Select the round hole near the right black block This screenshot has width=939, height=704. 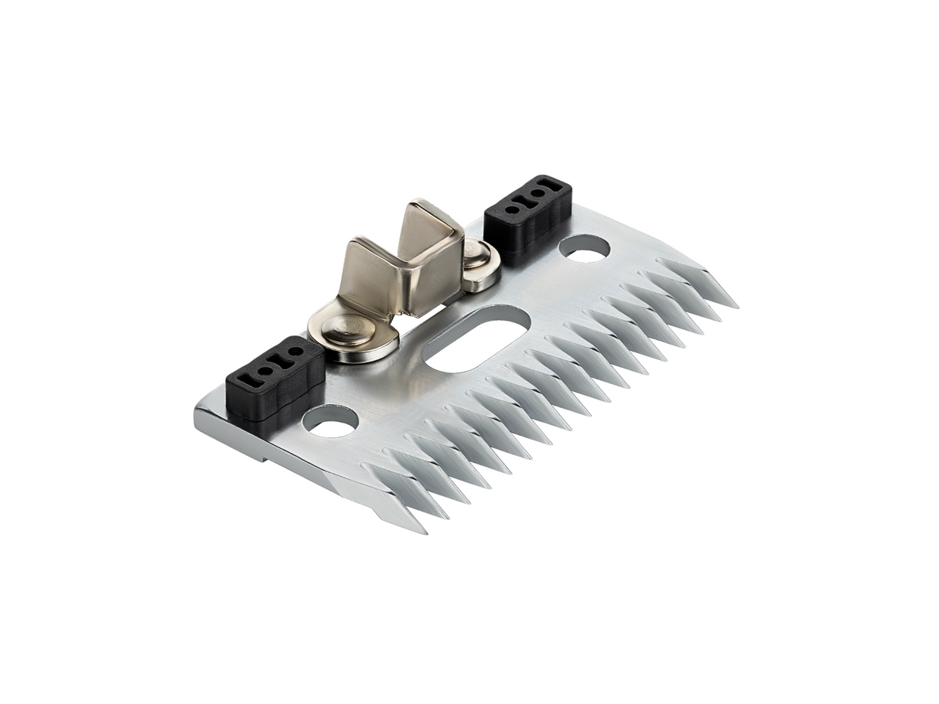(584, 249)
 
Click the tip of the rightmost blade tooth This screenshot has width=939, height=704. (736, 307)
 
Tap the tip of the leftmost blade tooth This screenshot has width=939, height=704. (425, 532)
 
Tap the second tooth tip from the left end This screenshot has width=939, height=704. (447, 516)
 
